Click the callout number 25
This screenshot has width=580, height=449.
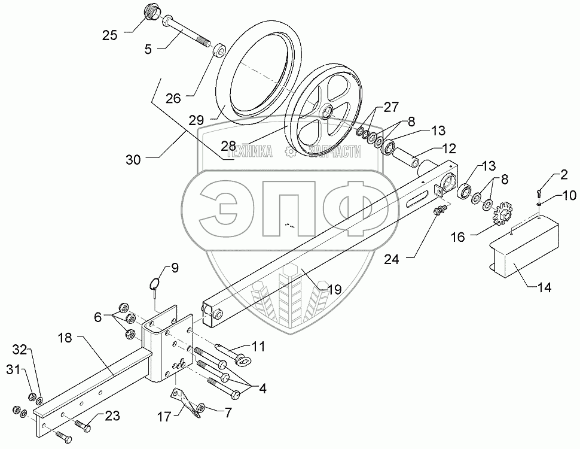pyautogui.click(x=109, y=35)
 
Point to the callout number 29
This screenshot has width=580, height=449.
pyautogui.click(x=196, y=120)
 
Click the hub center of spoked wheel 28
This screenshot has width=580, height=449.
pyautogui.click(x=326, y=112)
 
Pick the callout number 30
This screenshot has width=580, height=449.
pyautogui.click(x=133, y=160)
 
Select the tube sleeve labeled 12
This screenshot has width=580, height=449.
pyautogui.click(x=407, y=157)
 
